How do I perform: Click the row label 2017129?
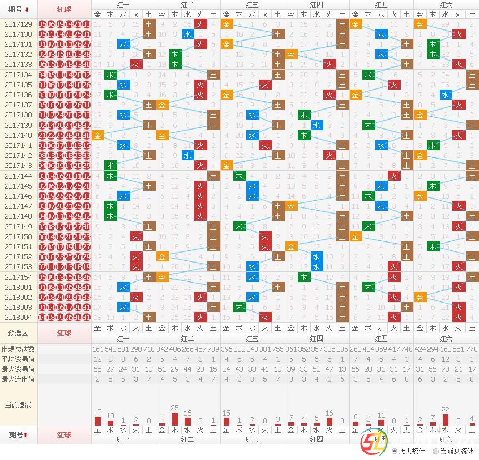pos(18,24)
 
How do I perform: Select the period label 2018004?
pos(18,317)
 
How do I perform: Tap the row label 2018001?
pos(18,287)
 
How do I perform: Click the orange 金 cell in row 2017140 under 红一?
pos(98,135)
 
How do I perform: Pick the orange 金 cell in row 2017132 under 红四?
pos(291,55)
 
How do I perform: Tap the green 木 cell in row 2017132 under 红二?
pos(175,55)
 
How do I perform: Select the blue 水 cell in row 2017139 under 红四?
pos(317,125)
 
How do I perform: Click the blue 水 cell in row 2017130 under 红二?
pos(188,34)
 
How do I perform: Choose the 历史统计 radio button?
pos(395,451)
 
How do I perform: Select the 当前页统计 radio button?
pos(436,451)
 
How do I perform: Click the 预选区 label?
pos(18,333)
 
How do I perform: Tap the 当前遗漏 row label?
pos(18,404)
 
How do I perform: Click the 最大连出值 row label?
pos(18,379)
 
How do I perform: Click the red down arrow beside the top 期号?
pos(27,10)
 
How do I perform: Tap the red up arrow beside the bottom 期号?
pos(26,434)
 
